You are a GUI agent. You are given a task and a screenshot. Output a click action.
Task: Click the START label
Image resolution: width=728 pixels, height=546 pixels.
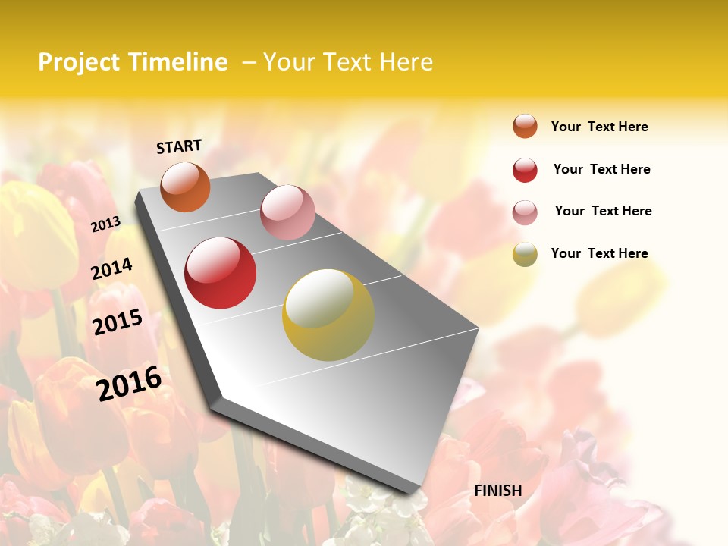[179, 146]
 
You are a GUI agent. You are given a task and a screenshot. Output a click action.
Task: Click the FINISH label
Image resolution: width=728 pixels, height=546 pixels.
[498, 491]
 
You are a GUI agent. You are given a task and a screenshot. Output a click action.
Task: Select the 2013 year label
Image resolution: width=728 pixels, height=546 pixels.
[105, 224]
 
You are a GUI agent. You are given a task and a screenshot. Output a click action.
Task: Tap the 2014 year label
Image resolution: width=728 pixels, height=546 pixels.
[112, 269]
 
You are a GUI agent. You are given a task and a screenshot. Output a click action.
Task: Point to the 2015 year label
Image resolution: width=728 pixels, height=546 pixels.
[118, 322]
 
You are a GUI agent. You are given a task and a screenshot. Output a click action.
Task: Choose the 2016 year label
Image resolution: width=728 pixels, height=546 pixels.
[129, 383]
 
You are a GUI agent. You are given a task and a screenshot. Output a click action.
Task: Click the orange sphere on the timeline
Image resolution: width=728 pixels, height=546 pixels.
[186, 187]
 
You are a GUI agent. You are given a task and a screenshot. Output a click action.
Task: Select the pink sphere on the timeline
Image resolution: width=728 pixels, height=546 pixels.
[287, 212]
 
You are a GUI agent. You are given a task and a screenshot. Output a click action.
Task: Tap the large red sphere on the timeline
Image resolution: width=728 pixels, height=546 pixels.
[221, 273]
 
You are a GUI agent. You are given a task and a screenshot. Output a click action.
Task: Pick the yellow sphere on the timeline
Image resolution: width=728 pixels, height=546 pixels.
[328, 315]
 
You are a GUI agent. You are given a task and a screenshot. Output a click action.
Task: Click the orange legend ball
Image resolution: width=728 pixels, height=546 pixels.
[525, 126]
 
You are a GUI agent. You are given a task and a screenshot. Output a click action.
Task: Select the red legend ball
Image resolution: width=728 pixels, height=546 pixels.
[525, 170]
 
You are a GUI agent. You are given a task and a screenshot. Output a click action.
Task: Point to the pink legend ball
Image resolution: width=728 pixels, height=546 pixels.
[525, 212]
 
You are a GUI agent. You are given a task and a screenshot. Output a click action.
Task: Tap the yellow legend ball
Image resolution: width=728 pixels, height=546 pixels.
[525, 254]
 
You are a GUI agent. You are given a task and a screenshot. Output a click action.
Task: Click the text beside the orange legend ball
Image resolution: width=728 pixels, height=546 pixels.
[599, 127]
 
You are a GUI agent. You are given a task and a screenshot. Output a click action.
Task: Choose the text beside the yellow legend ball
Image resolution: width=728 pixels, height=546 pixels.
[599, 253]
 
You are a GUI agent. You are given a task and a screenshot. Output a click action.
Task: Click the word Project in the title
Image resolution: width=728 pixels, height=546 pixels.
[80, 62]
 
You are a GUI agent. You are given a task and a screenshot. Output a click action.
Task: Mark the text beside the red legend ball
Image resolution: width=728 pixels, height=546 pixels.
[601, 169]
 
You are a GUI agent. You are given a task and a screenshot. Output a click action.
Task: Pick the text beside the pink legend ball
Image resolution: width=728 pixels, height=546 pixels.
[603, 211]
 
